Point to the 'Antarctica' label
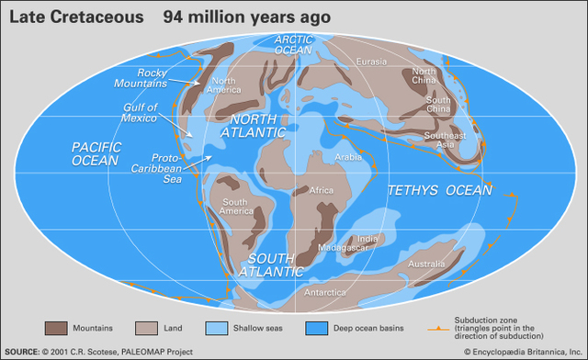325,293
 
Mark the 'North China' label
424,77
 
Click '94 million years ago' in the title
234,17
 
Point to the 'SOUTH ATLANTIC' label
271,264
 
